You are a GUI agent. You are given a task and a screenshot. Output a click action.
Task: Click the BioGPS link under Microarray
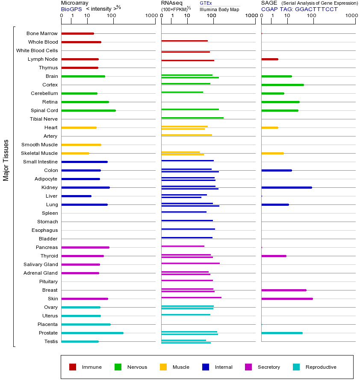pyautogui.click(x=71, y=9)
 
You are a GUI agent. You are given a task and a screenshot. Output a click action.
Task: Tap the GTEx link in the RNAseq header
pyautogui.click(x=206, y=3)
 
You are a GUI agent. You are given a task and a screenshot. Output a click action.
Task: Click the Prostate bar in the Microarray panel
pyautogui.click(x=92, y=333)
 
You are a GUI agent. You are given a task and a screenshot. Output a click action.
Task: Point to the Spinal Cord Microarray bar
pyautogui.click(x=89, y=110)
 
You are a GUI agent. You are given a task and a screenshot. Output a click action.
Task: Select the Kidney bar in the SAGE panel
pyautogui.click(x=286, y=187)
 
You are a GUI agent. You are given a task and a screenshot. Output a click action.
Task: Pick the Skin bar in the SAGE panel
pyautogui.click(x=287, y=299)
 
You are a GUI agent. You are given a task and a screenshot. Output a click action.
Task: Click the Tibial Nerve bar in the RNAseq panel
pyautogui.click(x=192, y=118)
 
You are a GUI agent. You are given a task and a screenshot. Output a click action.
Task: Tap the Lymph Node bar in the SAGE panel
pyautogui.click(x=270, y=59)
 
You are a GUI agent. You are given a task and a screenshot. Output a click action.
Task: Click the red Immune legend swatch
pyautogui.click(x=73, y=367)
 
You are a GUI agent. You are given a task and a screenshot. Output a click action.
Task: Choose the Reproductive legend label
pyautogui.click(x=321, y=367)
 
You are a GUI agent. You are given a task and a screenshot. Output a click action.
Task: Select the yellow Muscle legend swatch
pyautogui.click(x=163, y=367)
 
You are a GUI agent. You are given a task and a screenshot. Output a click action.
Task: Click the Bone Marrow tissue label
pyautogui.click(x=42, y=33)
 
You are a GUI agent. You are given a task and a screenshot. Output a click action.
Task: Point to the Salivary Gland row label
pyautogui.click(x=41, y=264)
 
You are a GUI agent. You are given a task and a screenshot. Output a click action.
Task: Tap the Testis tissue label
pyautogui.click(x=51, y=341)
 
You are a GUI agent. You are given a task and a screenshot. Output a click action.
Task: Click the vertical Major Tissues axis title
pyautogui.click(x=6, y=160)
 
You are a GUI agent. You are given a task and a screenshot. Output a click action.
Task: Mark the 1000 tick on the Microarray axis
pyautogui.click(x=150, y=16)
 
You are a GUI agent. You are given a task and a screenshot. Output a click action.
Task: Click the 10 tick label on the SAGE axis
pyautogui.click(x=287, y=16)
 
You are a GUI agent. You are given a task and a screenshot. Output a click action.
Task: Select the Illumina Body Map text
pyautogui.click(x=219, y=9)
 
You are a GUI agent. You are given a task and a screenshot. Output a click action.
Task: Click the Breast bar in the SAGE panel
pyautogui.click(x=284, y=290)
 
